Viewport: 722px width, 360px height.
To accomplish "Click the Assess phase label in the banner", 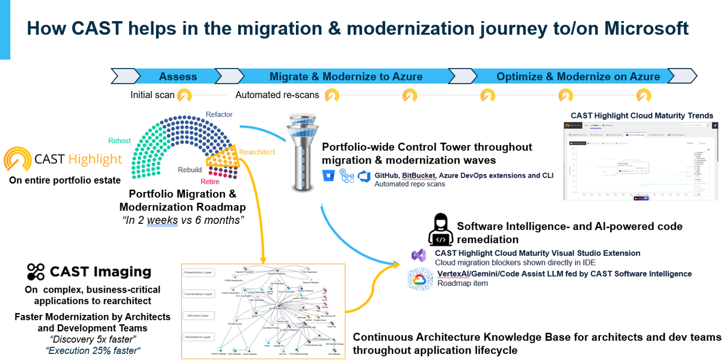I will (x=177, y=76).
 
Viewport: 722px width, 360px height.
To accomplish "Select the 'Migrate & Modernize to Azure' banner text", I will (x=345, y=76).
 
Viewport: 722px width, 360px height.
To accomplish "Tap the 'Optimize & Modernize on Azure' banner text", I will (x=578, y=76).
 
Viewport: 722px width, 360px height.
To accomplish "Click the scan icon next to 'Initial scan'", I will (x=184, y=95).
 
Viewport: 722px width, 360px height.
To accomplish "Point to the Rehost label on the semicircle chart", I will (x=119, y=140).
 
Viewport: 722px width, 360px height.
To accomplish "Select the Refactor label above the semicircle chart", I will (x=219, y=114).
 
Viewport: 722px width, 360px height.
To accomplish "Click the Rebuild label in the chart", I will (x=190, y=170).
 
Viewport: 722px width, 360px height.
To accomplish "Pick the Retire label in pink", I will (x=210, y=181).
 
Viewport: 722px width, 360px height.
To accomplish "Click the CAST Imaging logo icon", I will (x=35, y=272).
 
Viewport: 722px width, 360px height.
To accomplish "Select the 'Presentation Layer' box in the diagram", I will (x=199, y=272).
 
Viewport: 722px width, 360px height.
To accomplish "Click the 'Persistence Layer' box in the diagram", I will (x=199, y=337).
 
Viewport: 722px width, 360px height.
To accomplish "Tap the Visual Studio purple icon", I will (x=419, y=255).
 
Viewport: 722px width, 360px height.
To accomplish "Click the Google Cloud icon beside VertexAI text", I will (x=419, y=278).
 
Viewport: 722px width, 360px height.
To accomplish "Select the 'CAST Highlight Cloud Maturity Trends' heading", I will (x=641, y=115).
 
